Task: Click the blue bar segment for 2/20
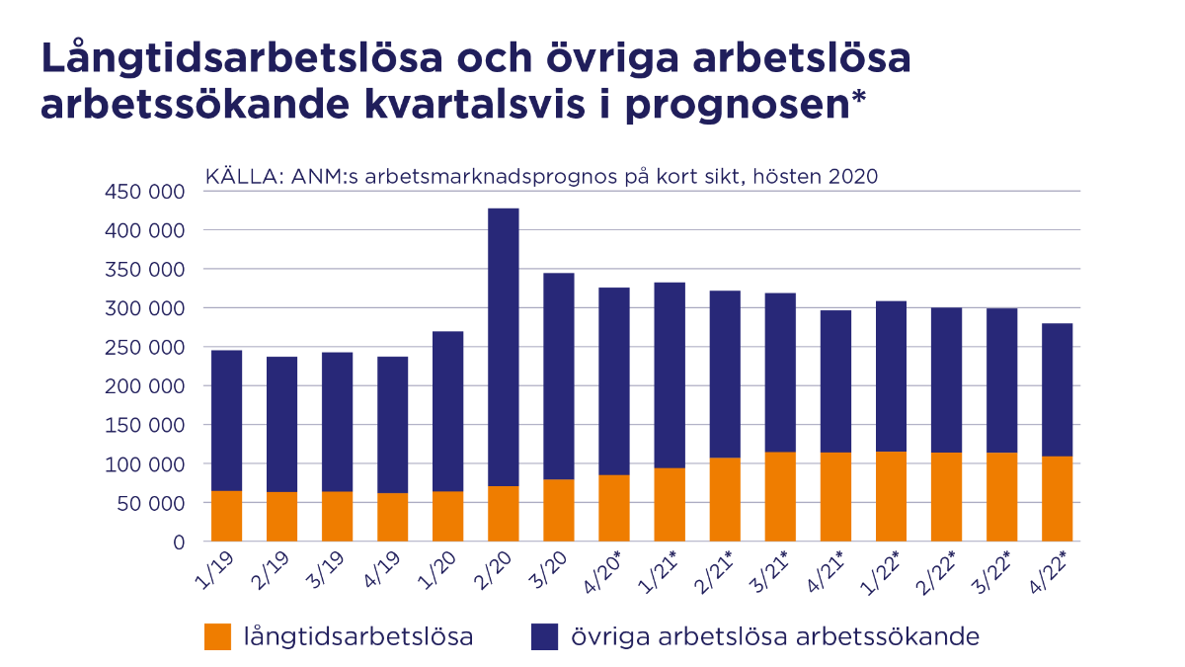(x=503, y=346)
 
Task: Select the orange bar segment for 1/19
(x=226, y=516)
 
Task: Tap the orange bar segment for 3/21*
(x=780, y=496)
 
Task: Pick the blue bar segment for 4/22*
(x=1057, y=389)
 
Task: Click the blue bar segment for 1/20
(x=447, y=411)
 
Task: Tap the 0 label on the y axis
(x=179, y=542)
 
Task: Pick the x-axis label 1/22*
(x=882, y=571)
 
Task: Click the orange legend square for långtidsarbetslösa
(x=217, y=636)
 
